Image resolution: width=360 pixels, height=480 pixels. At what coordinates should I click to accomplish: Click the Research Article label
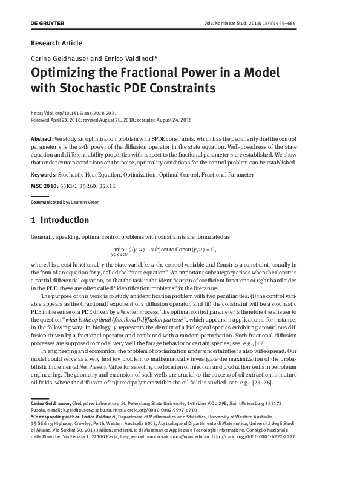click(x=56, y=43)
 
